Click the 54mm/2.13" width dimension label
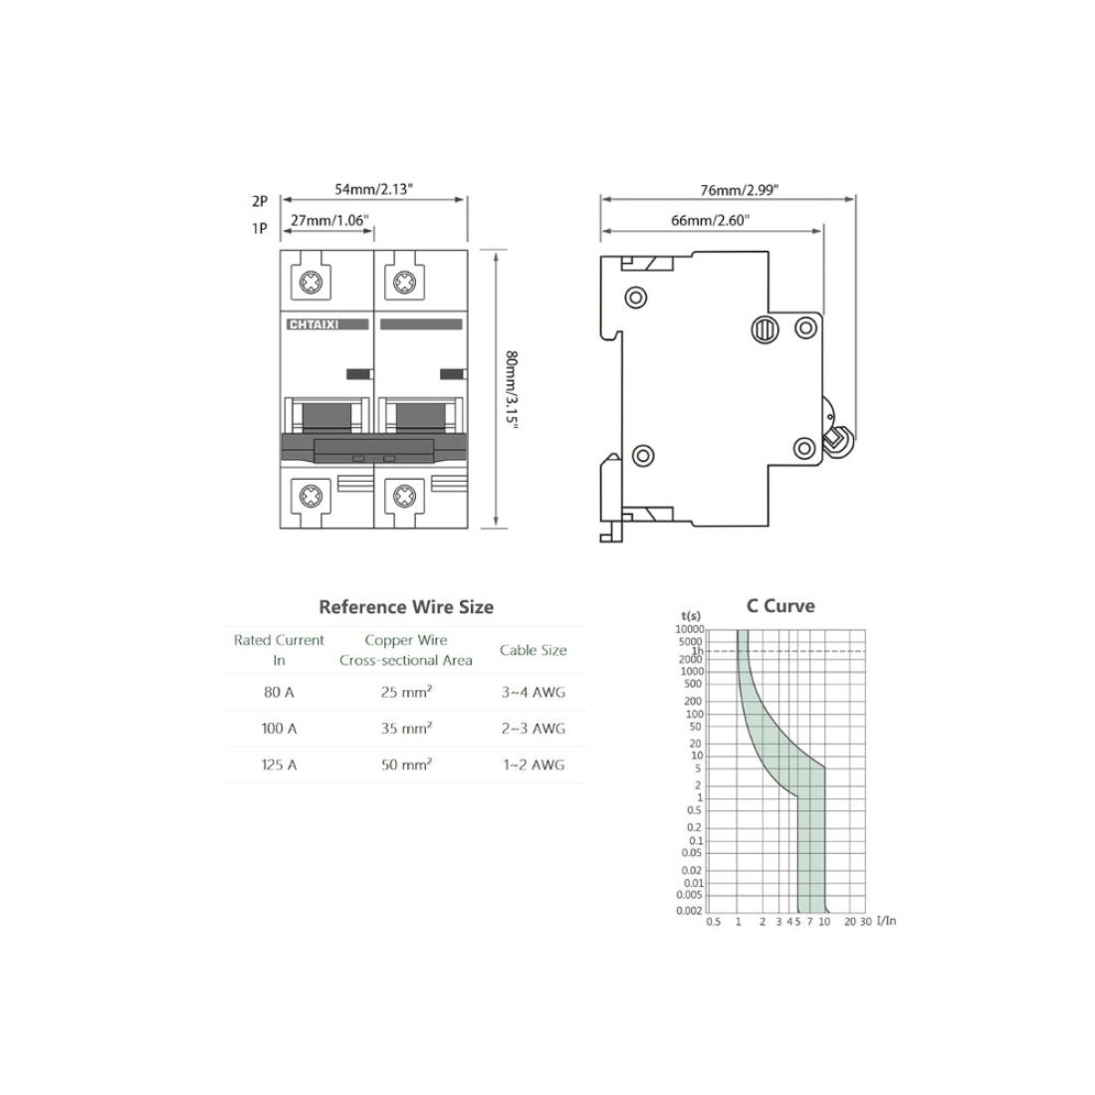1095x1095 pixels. pos(373,189)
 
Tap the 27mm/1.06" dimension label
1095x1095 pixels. pos(329,221)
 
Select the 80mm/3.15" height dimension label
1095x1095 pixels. pos(512,388)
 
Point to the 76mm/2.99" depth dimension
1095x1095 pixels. pos(740,190)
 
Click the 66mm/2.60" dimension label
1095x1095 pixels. pos(710,221)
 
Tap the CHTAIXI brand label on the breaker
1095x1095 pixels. pos(314,325)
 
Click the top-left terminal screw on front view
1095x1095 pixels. pos(311,283)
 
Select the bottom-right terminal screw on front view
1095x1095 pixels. pos(404,496)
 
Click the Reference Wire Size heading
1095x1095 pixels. pos(406,607)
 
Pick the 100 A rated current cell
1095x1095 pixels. pos(280,729)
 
